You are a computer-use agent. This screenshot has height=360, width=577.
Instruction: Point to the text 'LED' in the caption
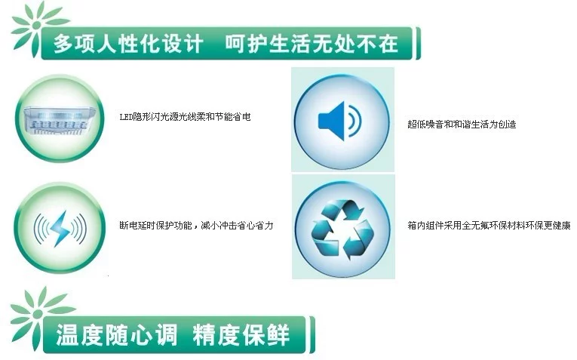(x=126, y=117)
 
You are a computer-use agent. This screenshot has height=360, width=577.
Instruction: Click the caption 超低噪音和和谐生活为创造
(x=462, y=125)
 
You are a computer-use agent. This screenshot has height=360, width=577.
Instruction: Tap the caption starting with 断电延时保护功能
(x=196, y=225)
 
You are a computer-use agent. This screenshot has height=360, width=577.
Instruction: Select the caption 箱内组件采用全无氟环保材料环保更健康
(x=489, y=225)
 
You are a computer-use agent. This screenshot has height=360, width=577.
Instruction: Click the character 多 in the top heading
(x=63, y=44)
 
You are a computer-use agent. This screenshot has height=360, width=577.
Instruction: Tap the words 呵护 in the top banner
(x=246, y=44)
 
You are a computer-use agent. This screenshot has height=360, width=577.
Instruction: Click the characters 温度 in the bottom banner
(x=79, y=334)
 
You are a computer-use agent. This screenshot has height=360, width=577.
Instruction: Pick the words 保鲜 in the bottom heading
(x=265, y=334)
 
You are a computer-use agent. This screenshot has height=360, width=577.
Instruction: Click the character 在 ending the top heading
(x=388, y=44)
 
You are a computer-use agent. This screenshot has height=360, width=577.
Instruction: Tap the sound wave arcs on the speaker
(x=354, y=121)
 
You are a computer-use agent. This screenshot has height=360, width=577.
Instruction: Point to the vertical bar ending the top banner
(x=418, y=44)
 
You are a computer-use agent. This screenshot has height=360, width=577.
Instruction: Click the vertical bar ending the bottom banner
(x=312, y=334)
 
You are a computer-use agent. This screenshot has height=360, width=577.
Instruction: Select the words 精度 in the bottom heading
(x=216, y=334)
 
